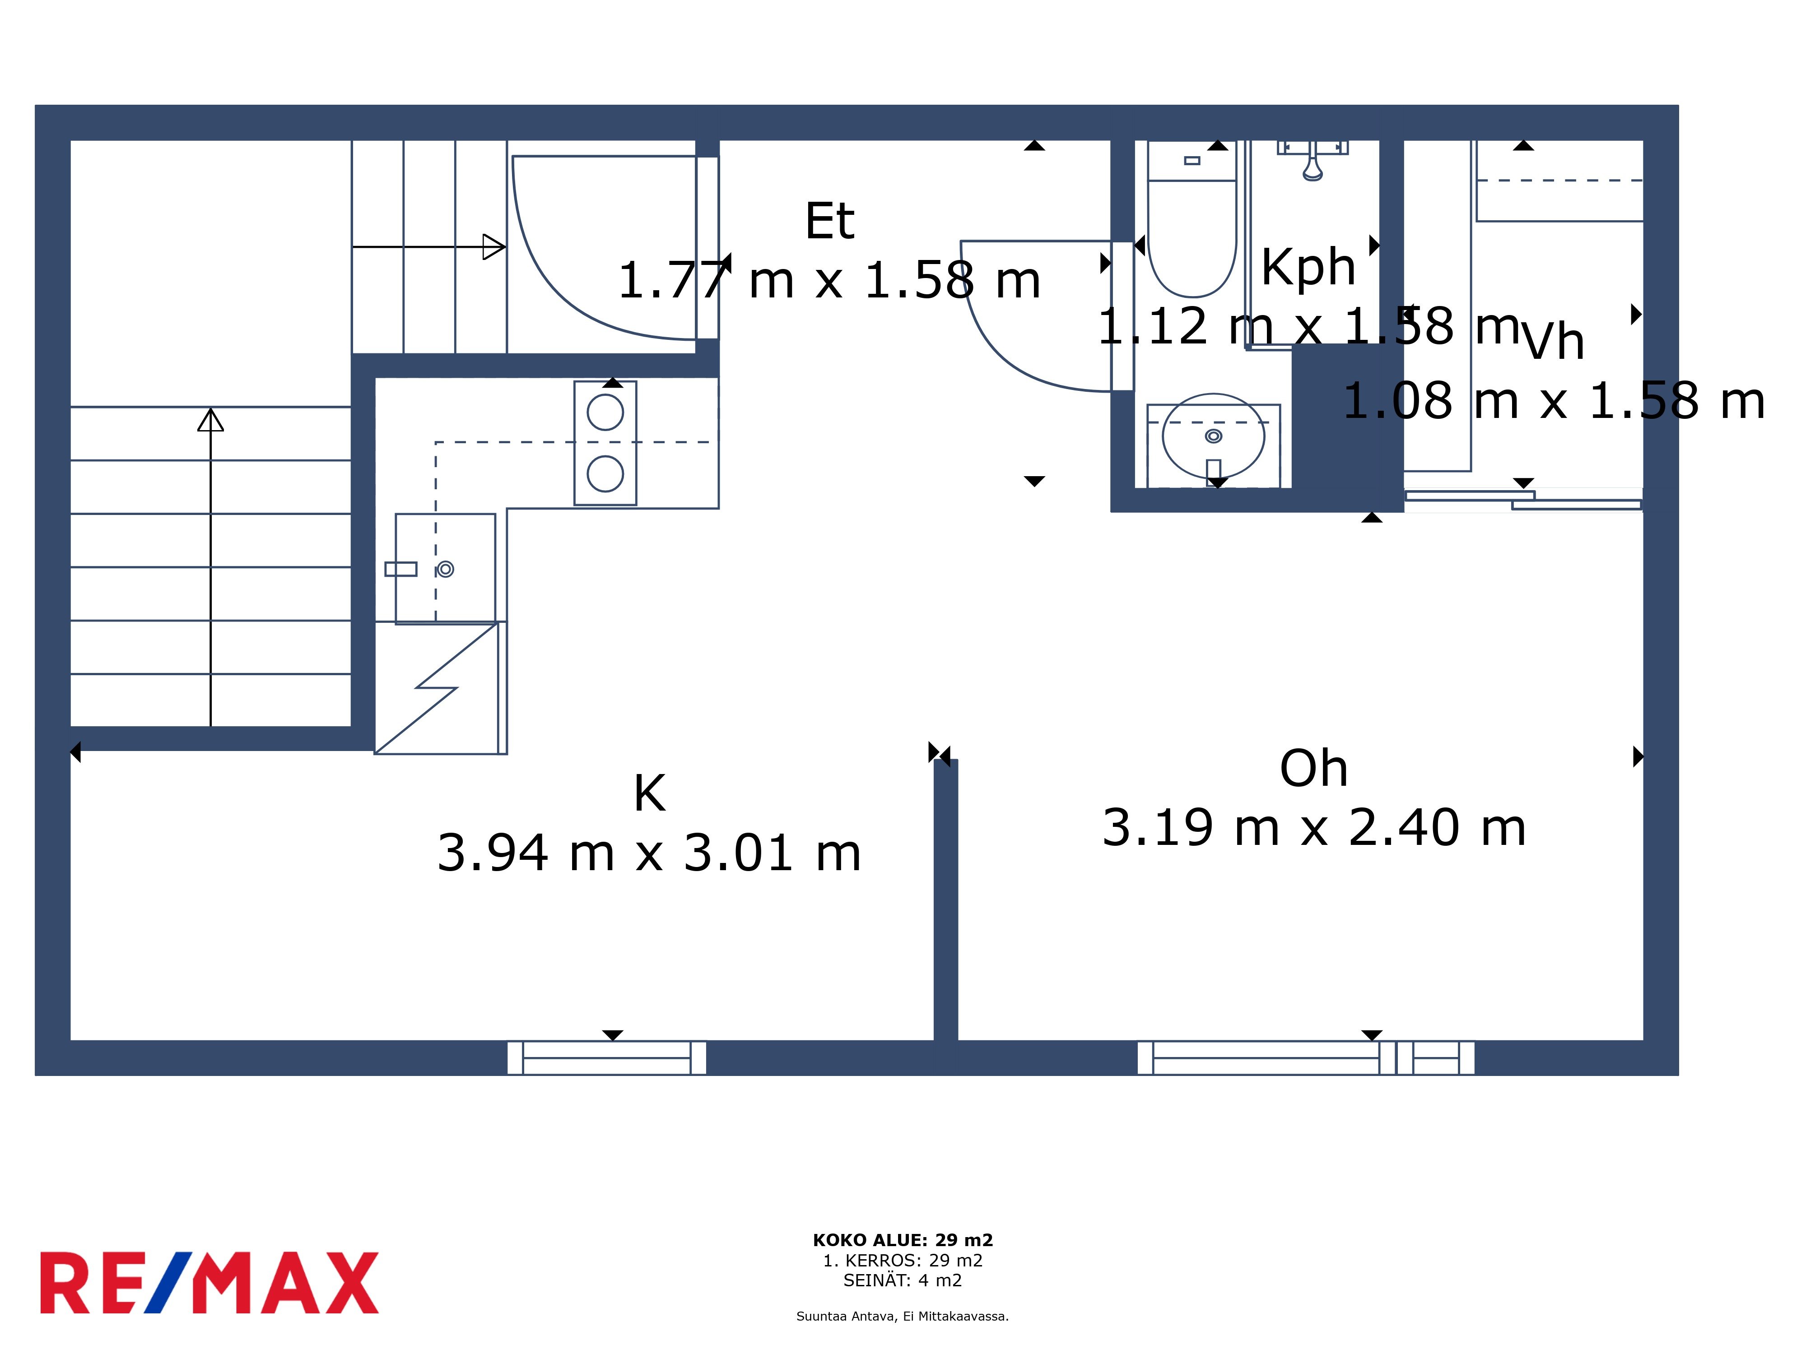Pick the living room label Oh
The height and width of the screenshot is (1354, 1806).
(x=1314, y=768)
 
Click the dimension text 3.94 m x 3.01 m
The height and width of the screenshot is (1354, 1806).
(x=650, y=853)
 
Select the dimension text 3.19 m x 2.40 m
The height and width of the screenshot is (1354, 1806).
(x=1314, y=828)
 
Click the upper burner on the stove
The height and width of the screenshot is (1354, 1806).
(x=605, y=412)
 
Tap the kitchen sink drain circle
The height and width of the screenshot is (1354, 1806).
(x=445, y=569)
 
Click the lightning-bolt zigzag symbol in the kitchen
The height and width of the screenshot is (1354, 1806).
(x=437, y=688)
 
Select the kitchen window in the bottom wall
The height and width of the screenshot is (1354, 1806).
(x=607, y=1058)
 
